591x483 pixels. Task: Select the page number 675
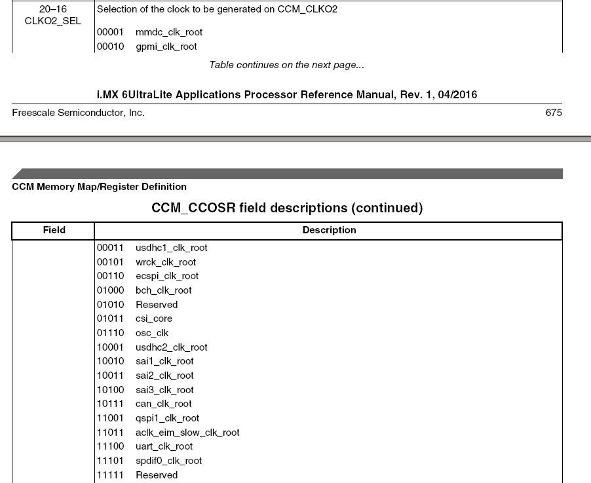coord(553,113)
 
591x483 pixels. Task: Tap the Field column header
coord(54,230)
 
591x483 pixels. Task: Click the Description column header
coord(329,230)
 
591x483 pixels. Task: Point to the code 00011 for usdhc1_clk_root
coord(110,248)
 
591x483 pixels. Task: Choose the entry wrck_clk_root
coord(165,262)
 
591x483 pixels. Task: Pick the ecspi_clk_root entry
coord(167,276)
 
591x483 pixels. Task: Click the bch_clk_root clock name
coord(163,290)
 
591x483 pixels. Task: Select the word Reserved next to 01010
coord(157,305)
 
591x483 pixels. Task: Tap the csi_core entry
coord(154,319)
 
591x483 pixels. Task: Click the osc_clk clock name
coord(152,333)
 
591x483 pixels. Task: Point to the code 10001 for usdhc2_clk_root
coord(110,347)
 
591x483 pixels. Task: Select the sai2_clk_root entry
coord(164,376)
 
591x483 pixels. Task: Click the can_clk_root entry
coord(163,404)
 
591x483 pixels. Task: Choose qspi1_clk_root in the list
coord(167,418)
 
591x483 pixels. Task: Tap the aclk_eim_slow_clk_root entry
coord(187,433)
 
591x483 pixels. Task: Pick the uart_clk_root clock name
coord(164,446)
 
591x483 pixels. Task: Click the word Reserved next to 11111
coord(157,475)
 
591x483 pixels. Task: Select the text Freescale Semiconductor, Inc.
coord(78,113)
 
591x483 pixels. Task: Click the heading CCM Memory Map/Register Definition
coord(99,187)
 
